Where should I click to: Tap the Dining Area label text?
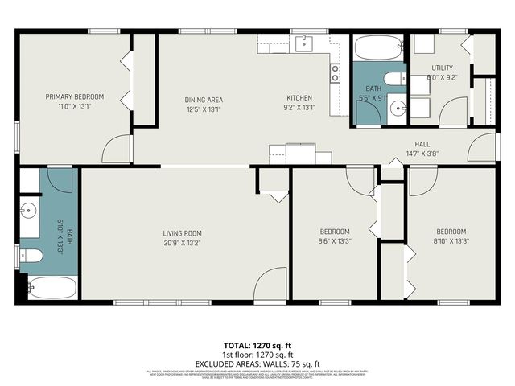pyautogui.click(x=204, y=100)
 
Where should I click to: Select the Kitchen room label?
pyautogui.click(x=299, y=100)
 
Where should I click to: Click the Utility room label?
pyautogui.click(x=442, y=68)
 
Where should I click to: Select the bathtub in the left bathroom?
pyautogui.click(x=53, y=287)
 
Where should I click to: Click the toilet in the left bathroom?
pyautogui.click(x=31, y=256)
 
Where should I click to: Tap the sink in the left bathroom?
pyautogui.click(x=28, y=211)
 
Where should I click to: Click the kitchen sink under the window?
pyautogui.click(x=303, y=43)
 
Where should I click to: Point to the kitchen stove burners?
pyautogui.click(x=335, y=74)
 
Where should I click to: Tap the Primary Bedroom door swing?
pyautogui.click(x=117, y=148)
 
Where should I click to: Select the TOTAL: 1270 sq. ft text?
pyautogui.click(x=257, y=344)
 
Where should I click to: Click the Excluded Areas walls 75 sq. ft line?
pyautogui.click(x=257, y=363)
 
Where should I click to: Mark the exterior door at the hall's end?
pyautogui.click(x=481, y=146)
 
